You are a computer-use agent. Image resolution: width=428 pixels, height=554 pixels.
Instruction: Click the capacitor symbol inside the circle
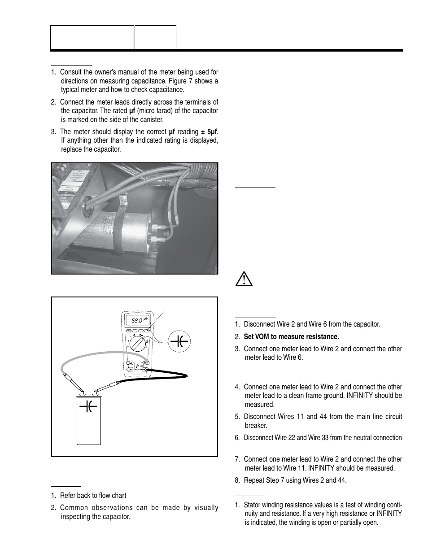[179, 341]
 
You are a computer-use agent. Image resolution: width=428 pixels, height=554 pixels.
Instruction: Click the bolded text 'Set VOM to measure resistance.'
[291, 336]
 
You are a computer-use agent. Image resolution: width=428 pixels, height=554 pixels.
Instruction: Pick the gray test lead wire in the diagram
[85, 354]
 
